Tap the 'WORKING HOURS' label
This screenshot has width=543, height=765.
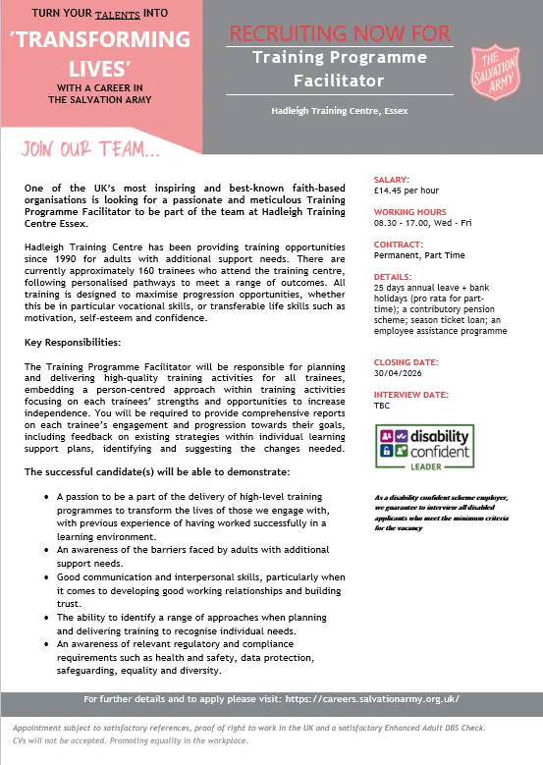[x=410, y=212]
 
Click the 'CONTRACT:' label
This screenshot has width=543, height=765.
[x=399, y=244]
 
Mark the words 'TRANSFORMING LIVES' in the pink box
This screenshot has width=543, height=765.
[x=99, y=54]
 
